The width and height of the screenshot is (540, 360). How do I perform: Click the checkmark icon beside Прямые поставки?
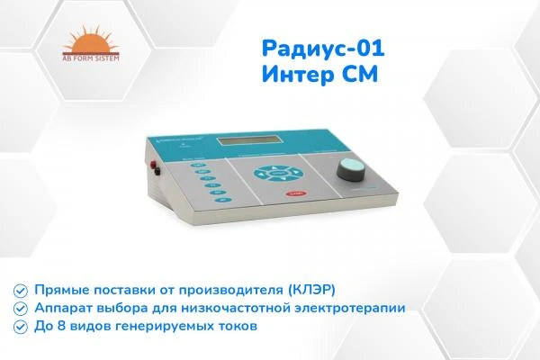pos(19,291)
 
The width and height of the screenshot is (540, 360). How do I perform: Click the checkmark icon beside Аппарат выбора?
pos(19,308)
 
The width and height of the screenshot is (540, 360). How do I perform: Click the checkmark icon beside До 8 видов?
pos(19,325)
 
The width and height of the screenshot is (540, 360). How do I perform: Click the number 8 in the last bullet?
pos(59,325)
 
